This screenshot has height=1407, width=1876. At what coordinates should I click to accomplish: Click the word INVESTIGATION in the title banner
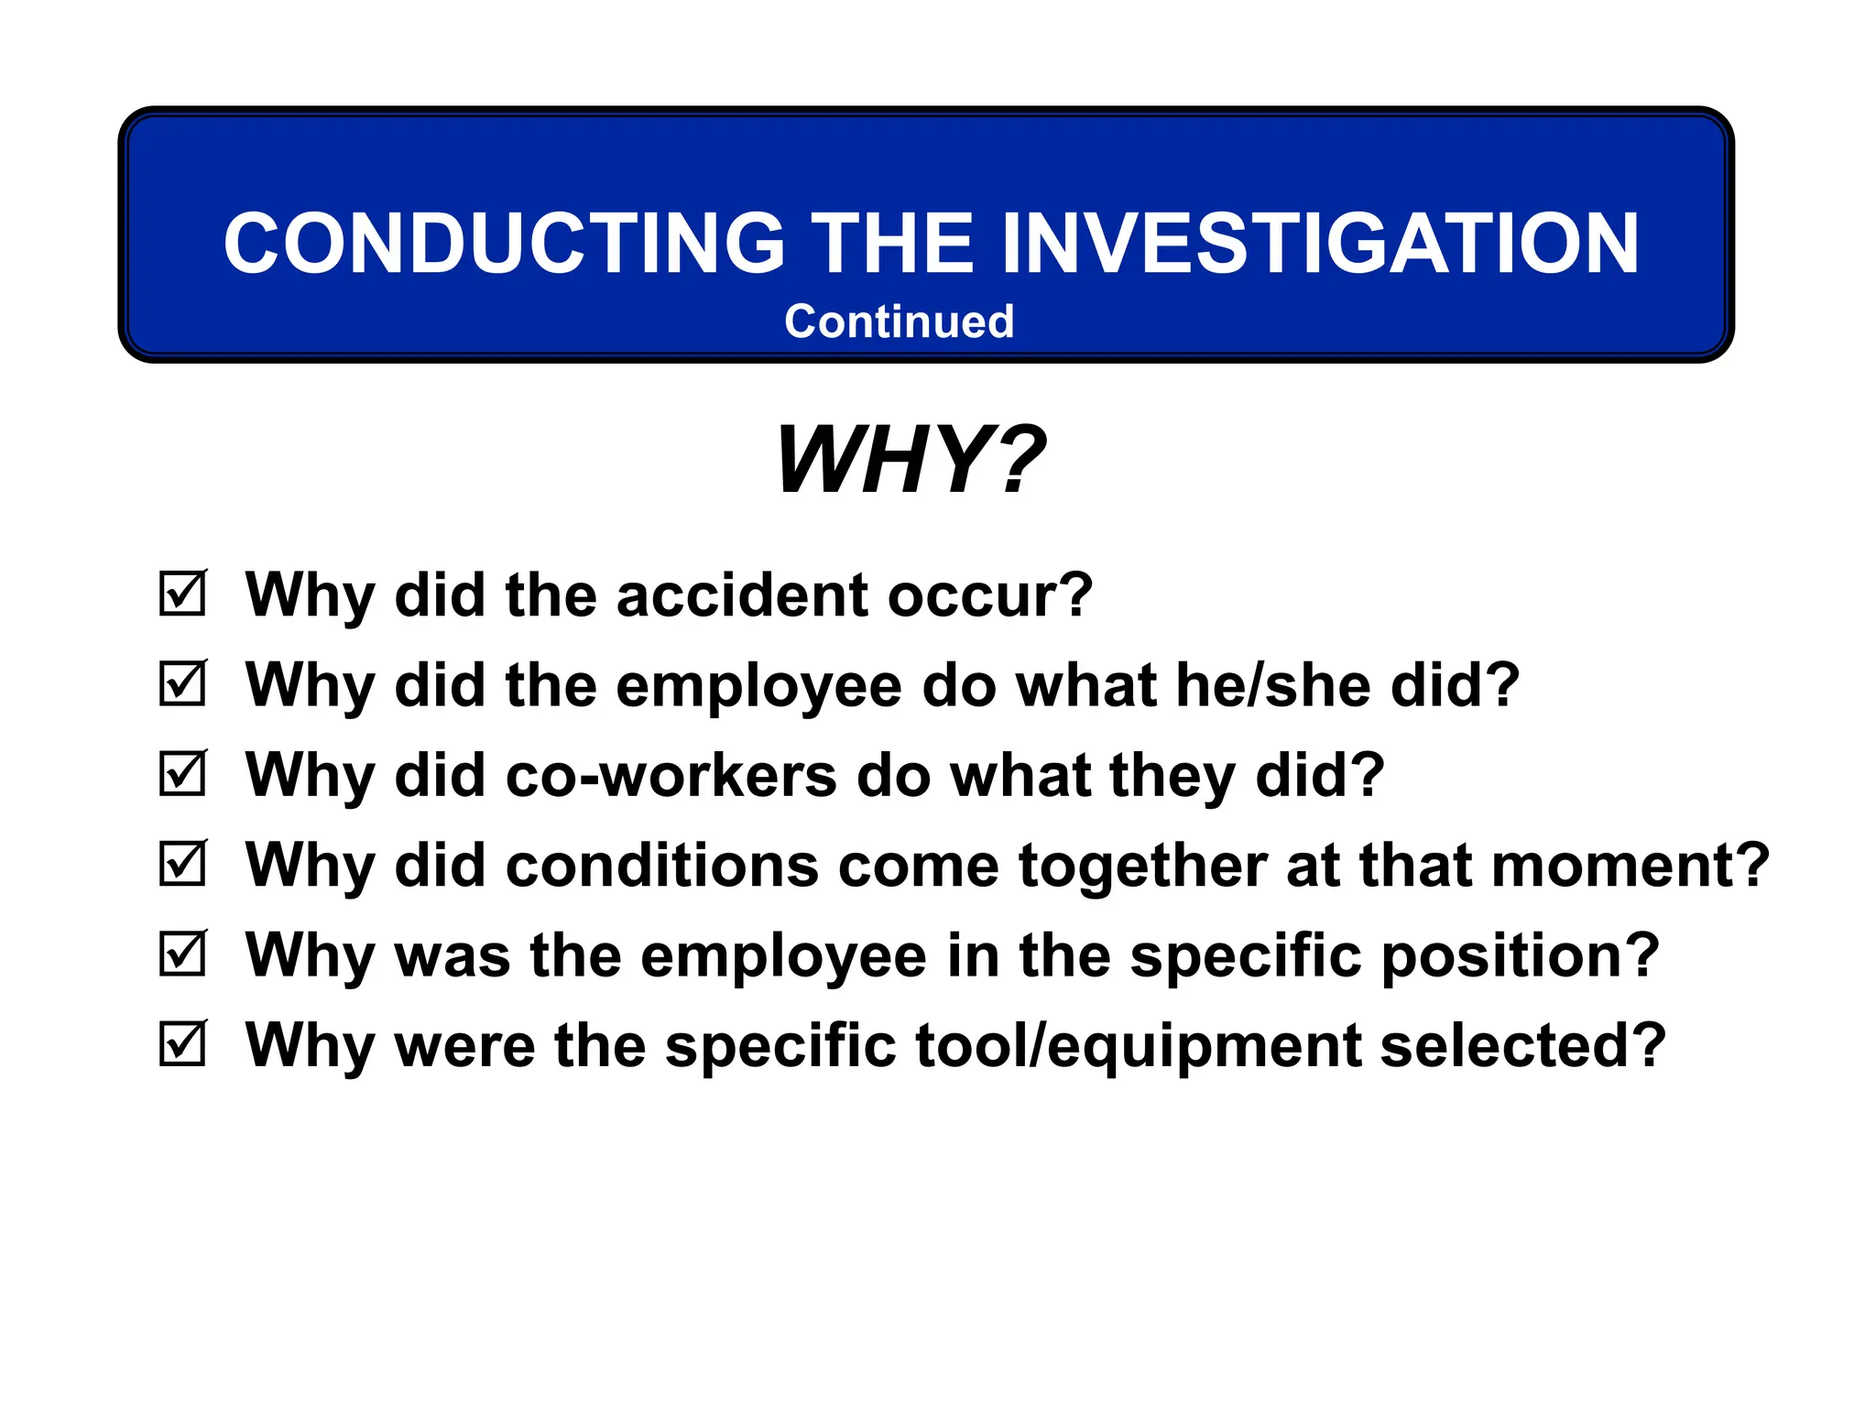tap(1320, 244)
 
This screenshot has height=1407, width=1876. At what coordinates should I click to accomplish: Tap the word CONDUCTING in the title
tap(505, 244)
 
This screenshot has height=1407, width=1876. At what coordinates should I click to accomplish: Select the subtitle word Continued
tap(899, 322)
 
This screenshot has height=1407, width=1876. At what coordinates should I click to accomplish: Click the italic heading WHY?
tap(910, 460)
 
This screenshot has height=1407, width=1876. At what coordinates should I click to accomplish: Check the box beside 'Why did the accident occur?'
tap(182, 594)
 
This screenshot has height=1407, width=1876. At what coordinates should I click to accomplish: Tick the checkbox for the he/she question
tap(182, 683)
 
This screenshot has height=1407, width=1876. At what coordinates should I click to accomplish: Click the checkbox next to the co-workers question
tap(182, 774)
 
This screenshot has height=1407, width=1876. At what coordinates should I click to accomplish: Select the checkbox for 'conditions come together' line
tap(182, 864)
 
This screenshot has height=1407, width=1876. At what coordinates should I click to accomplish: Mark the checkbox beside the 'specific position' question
tap(182, 954)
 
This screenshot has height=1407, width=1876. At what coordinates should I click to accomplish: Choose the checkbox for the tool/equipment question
tap(182, 1044)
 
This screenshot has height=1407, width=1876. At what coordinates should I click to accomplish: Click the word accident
tap(742, 595)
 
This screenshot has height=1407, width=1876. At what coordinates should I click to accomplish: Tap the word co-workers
tap(671, 776)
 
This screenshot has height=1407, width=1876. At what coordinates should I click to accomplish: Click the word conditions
tap(662, 866)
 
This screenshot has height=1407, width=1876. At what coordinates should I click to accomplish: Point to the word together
tap(1142, 866)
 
